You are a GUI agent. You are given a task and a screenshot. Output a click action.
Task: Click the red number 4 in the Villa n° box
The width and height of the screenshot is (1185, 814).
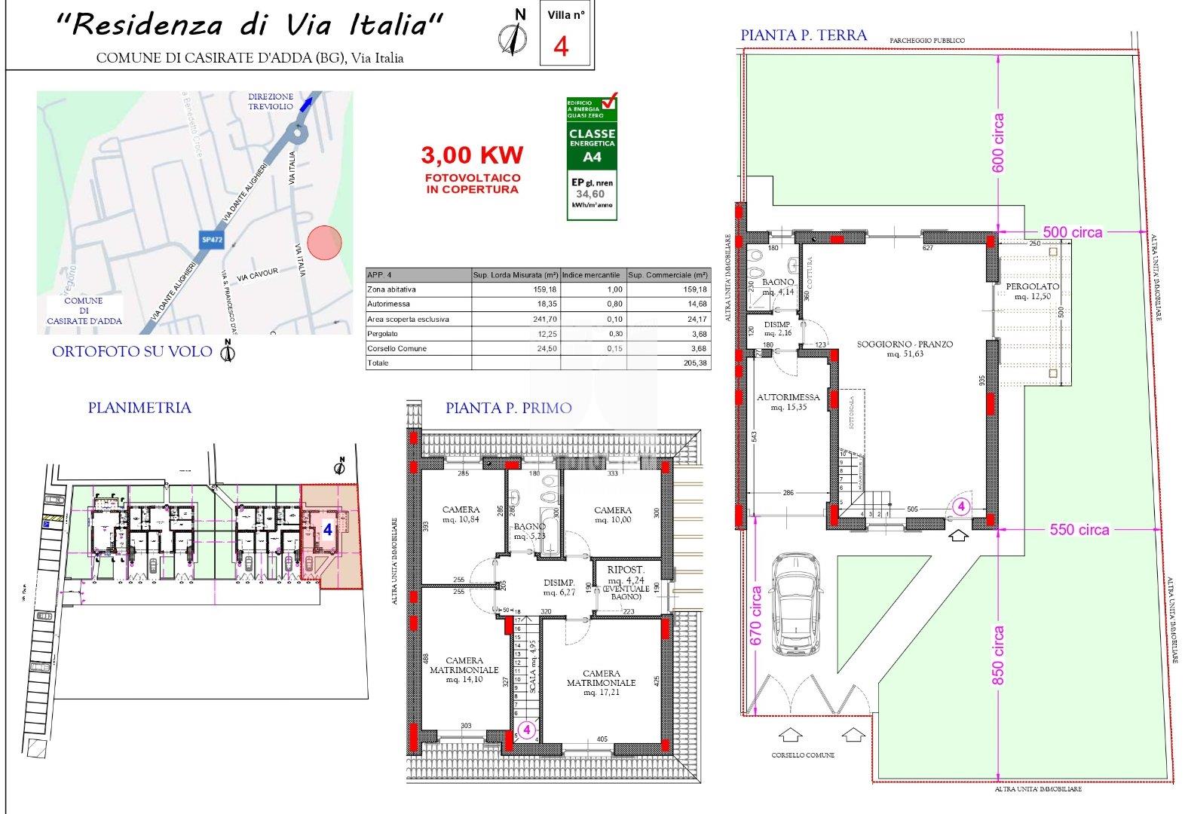tap(561, 46)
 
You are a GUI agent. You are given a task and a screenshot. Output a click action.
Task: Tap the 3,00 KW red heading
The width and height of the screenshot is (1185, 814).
tap(472, 155)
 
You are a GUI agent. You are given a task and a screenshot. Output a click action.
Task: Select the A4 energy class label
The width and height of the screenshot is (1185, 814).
tap(592, 158)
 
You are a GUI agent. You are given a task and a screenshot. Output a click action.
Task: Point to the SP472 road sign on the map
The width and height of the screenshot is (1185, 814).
tap(211, 239)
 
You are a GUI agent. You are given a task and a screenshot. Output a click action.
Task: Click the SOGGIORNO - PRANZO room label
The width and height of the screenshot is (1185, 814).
tap(905, 348)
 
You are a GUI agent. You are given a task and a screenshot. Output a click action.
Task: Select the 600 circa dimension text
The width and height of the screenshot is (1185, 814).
tap(999, 143)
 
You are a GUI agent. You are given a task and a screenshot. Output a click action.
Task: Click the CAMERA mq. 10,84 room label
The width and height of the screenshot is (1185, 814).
tap(461, 515)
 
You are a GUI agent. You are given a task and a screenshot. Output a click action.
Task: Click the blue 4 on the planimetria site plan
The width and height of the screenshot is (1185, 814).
tap(328, 530)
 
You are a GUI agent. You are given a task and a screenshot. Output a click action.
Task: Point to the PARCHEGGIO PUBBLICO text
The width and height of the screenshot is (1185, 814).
tap(926, 41)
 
